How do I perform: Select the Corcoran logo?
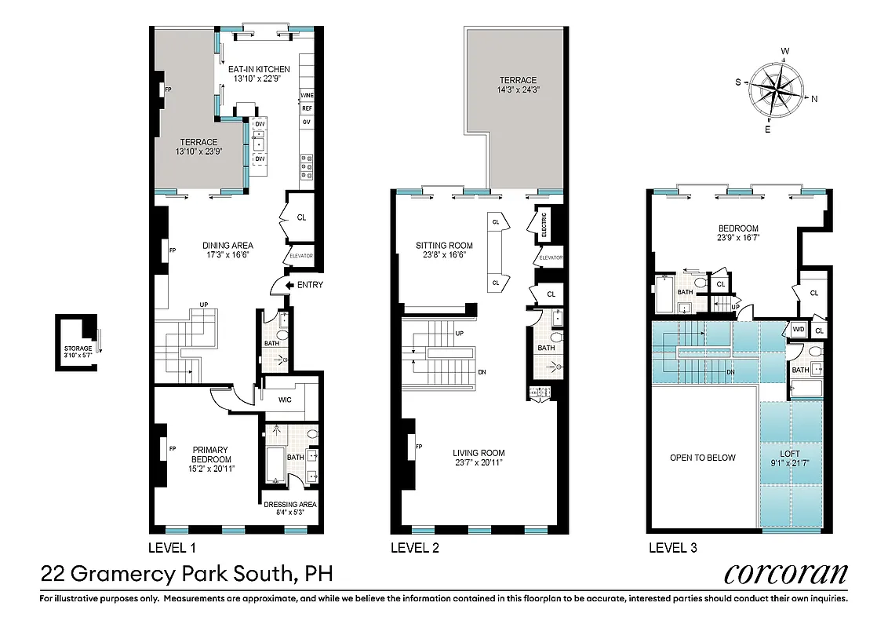point(785,573)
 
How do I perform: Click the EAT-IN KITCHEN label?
point(259,69)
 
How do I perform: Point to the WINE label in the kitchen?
point(307,95)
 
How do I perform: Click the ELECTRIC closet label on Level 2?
point(543,225)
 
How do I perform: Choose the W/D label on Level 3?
point(799,329)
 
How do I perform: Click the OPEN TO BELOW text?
point(703,458)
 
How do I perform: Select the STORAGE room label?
point(78,349)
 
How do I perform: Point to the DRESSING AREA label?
point(290,505)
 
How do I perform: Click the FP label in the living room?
point(419,447)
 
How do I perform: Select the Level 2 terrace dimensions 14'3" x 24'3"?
point(519,90)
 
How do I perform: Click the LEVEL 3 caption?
point(672,547)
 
